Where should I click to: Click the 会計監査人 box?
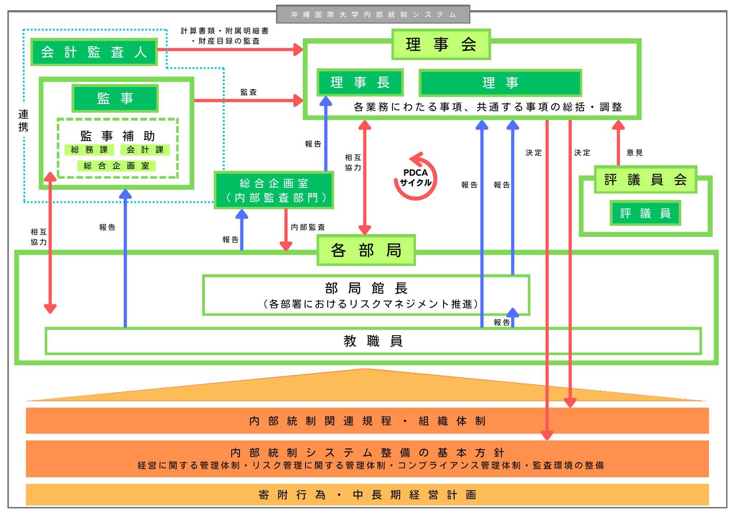tap(94, 52)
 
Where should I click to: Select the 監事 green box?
tap(115, 98)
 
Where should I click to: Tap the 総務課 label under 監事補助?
tap(89, 150)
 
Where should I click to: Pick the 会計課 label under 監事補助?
tap(145, 150)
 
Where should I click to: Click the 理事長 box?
tap(360, 83)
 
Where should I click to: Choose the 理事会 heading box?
tap(441, 44)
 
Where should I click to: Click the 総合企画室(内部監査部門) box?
tap(274, 190)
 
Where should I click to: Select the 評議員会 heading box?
tap(645, 179)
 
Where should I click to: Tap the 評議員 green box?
tap(645, 213)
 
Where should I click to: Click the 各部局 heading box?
tap(366, 250)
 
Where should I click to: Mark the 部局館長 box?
tap(366, 295)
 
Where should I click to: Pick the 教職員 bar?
tap(373, 341)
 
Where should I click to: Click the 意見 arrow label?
tap(635, 153)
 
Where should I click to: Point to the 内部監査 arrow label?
tap(308, 227)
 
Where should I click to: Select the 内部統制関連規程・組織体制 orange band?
tap(367, 421)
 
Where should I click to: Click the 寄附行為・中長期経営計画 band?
tap(367, 495)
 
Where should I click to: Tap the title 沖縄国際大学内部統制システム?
tap(373, 14)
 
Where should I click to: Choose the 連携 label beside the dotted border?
tap(23, 121)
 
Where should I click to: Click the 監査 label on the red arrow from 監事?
tap(248, 92)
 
